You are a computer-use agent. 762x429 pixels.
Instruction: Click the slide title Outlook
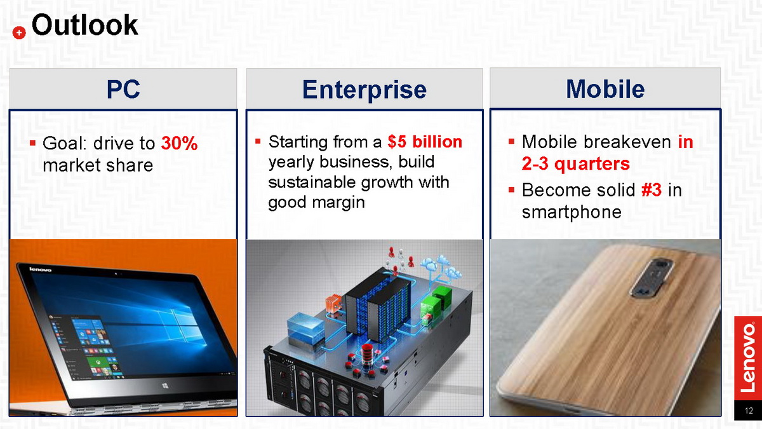(84, 25)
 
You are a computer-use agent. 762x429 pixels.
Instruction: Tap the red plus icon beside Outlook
(19, 32)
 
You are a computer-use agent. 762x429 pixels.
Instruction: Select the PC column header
(123, 89)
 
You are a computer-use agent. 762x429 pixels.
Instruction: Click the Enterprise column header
(364, 90)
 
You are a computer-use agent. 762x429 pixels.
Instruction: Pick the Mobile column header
(605, 89)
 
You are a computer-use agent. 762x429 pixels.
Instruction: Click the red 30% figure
(179, 143)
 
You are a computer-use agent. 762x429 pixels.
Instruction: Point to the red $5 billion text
(425, 142)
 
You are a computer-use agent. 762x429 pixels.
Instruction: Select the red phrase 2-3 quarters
(575, 164)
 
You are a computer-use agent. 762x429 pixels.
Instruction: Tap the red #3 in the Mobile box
(652, 190)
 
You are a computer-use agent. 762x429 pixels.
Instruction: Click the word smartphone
(571, 212)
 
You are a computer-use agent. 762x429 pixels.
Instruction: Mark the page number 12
(749, 411)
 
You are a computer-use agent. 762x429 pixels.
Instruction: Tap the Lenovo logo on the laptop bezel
(40, 269)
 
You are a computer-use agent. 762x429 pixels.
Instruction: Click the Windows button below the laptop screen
(165, 385)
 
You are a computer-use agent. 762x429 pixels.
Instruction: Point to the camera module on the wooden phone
(651, 278)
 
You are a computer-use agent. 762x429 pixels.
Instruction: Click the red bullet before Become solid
(511, 189)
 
